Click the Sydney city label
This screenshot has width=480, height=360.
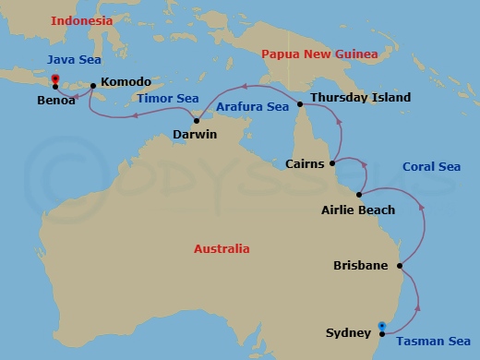pyautogui.click(x=347, y=332)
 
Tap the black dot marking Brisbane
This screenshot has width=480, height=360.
pyautogui.click(x=399, y=267)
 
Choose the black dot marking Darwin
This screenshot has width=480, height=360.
pyautogui.click(x=197, y=121)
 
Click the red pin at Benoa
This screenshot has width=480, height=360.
pyautogui.click(x=55, y=79)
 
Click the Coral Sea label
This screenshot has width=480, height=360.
pyautogui.click(x=431, y=167)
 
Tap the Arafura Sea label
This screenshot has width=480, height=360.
pyautogui.click(x=252, y=107)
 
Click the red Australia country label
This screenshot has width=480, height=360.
pyautogui.click(x=222, y=248)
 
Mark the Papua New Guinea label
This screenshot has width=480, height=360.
pyautogui.click(x=319, y=54)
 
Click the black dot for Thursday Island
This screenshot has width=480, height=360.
pyautogui.click(x=300, y=103)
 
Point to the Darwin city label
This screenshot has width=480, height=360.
pyautogui.click(x=195, y=135)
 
